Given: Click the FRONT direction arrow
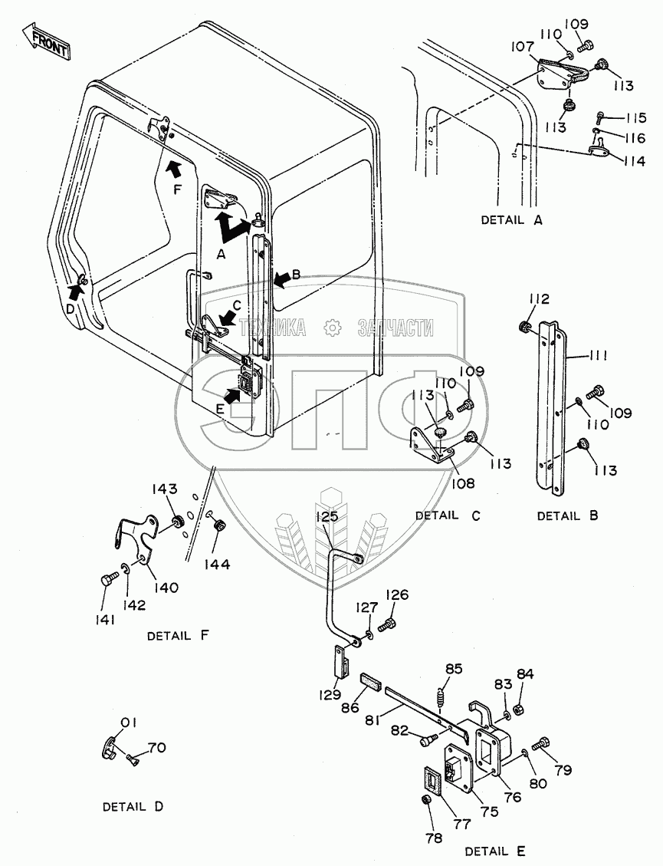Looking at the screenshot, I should [45, 42].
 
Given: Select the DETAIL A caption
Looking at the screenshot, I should [511, 220].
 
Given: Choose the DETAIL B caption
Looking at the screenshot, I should [566, 515].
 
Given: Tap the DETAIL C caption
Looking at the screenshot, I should [448, 515].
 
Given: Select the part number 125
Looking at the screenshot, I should [327, 517].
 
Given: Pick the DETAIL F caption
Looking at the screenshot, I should [177, 636].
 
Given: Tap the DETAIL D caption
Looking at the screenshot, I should [133, 807].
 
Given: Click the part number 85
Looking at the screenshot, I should [454, 668].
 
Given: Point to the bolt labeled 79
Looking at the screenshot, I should [543, 741].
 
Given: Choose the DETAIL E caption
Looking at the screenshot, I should [495, 851].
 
